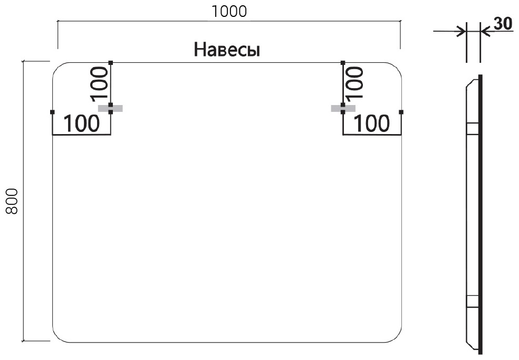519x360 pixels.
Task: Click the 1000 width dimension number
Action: coord(229,12)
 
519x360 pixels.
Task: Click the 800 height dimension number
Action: coord(12,201)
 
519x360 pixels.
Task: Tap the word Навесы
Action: coord(227,50)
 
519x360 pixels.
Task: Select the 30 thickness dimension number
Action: coord(503,24)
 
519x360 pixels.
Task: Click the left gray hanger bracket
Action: coord(111,108)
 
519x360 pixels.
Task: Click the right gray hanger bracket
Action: coord(343,108)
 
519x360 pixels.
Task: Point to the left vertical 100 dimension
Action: coord(100,83)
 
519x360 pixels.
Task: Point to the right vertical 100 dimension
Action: coord(354,83)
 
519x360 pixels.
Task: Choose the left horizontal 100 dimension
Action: coord(81,124)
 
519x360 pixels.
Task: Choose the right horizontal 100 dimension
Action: coord(372,124)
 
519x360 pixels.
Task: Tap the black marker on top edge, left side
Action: coord(111,63)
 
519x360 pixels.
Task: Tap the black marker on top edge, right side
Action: coord(343,63)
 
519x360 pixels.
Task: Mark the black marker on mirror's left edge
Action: coord(52,112)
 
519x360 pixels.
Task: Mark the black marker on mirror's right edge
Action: coord(401,112)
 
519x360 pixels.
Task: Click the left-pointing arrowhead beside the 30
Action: coord(485,32)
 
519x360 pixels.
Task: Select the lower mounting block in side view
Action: coord(473,302)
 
